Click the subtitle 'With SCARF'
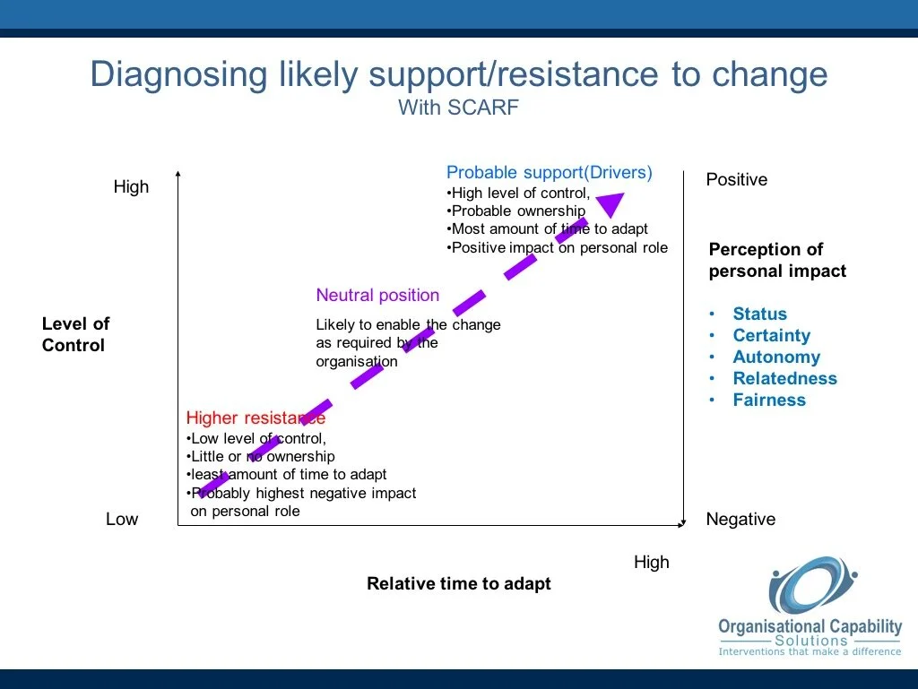[458, 108]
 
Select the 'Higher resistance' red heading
[255, 418]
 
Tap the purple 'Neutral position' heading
[377, 296]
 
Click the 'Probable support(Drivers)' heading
[550, 173]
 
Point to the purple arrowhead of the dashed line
[611, 204]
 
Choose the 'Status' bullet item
[759, 314]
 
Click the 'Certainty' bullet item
[771, 336]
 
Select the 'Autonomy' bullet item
[776, 357]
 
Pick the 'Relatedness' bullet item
[784, 379]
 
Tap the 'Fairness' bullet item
[769, 400]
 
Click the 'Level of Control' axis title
[75, 335]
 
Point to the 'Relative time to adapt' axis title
[459, 584]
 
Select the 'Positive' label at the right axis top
[737, 180]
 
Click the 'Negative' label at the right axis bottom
[740, 520]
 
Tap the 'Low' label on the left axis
[122, 520]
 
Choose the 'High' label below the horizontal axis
[652, 563]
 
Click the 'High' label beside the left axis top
[131, 187]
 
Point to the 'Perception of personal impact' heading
[777, 261]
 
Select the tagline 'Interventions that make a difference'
[810, 652]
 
